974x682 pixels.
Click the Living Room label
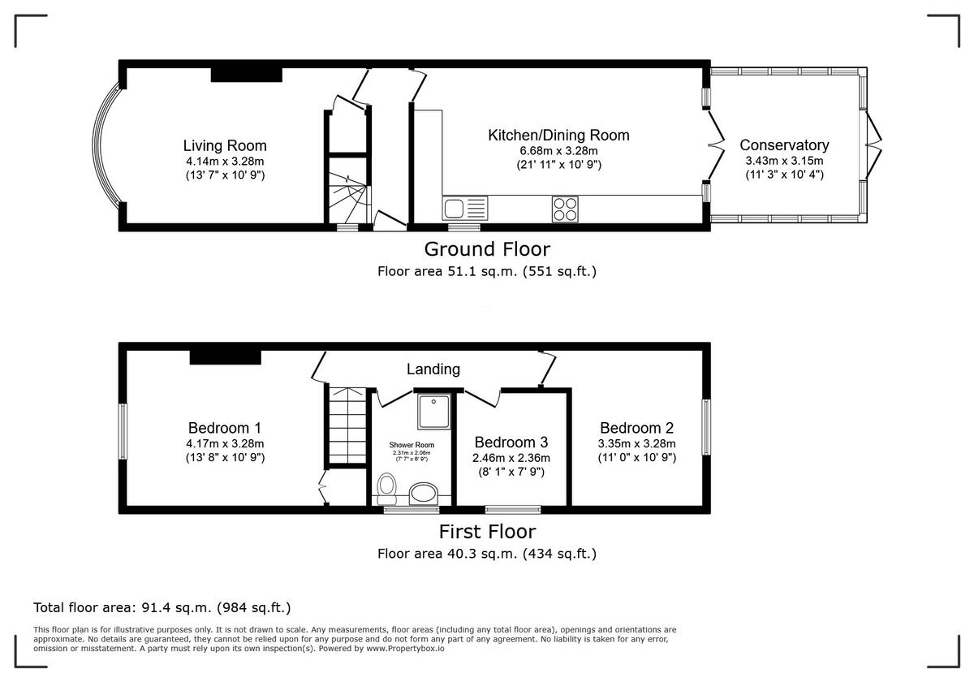click(x=224, y=146)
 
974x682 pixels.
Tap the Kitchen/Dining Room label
click(x=558, y=135)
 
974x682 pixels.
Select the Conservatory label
click(x=784, y=145)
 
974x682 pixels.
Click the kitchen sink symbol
click(x=465, y=209)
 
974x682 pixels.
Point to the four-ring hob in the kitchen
click(x=565, y=209)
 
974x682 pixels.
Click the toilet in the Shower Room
click(x=387, y=489)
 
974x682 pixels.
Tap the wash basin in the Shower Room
click(x=423, y=492)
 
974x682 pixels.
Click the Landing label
click(x=433, y=369)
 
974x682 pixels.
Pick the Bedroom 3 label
click(x=511, y=442)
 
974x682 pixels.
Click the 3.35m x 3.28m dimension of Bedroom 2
click(x=636, y=444)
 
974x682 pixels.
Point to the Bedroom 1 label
click(x=224, y=428)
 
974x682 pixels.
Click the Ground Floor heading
click(x=486, y=248)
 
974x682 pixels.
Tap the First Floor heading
click(x=487, y=532)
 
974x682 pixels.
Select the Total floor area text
click(x=162, y=607)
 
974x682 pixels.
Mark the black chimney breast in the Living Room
click(x=246, y=75)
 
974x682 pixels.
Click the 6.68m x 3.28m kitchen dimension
click(x=558, y=151)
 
